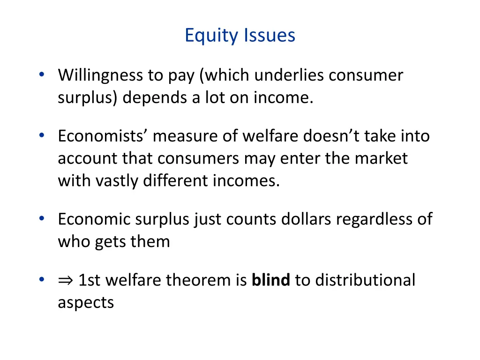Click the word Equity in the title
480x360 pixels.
pos(211,36)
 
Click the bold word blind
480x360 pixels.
pos(271,280)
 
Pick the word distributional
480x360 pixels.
pos(365,280)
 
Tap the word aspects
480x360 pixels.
pos(86,303)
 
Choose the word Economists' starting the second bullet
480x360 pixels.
pos(103,136)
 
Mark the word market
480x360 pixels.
pos(381,158)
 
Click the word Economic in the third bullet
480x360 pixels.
pos(94,219)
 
